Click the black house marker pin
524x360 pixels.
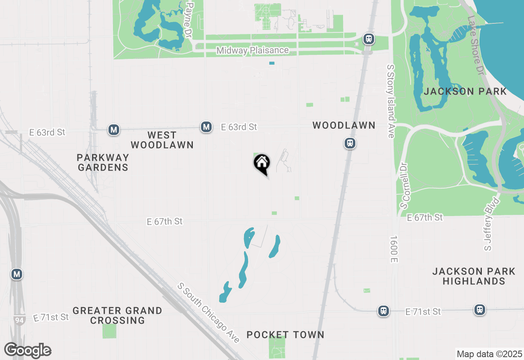(x=262, y=164)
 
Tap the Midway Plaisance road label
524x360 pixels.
(x=253, y=51)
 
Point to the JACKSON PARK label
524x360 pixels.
(x=465, y=91)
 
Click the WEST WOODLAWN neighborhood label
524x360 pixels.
(x=162, y=140)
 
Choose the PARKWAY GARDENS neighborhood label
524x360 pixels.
(x=103, y=162)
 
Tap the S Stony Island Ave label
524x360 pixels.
(x=391, y=101)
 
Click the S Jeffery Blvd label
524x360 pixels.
(x=492, y=224)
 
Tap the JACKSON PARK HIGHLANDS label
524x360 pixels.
(x=474, y=276)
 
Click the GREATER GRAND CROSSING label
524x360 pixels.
(x=117, y=315)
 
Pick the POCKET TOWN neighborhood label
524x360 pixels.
(x=285, y=335)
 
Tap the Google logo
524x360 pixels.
(x=28, y=350)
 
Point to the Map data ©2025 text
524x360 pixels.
(x=489, y=354)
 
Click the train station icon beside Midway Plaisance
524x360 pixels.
(x=369, y=39)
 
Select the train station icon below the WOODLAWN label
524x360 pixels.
(x=350, y=143)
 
